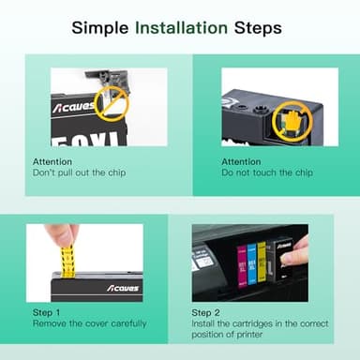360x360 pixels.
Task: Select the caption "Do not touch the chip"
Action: pos(266,173)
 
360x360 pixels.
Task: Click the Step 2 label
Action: pos(208,312)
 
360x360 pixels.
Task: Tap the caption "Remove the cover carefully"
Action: pos(89,323)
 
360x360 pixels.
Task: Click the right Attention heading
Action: pos(241,161)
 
